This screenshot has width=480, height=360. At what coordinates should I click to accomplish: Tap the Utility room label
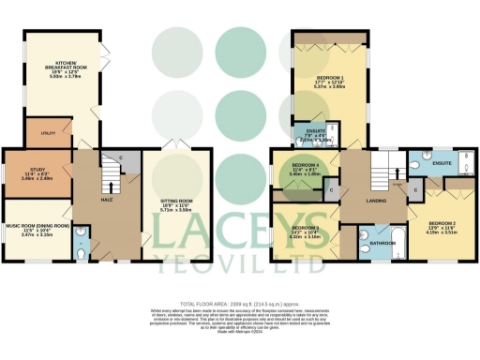tap(47, 135)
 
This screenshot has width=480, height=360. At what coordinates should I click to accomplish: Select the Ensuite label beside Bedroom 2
tap(442, 164)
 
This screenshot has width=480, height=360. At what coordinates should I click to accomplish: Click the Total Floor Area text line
tap(239, 306)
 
